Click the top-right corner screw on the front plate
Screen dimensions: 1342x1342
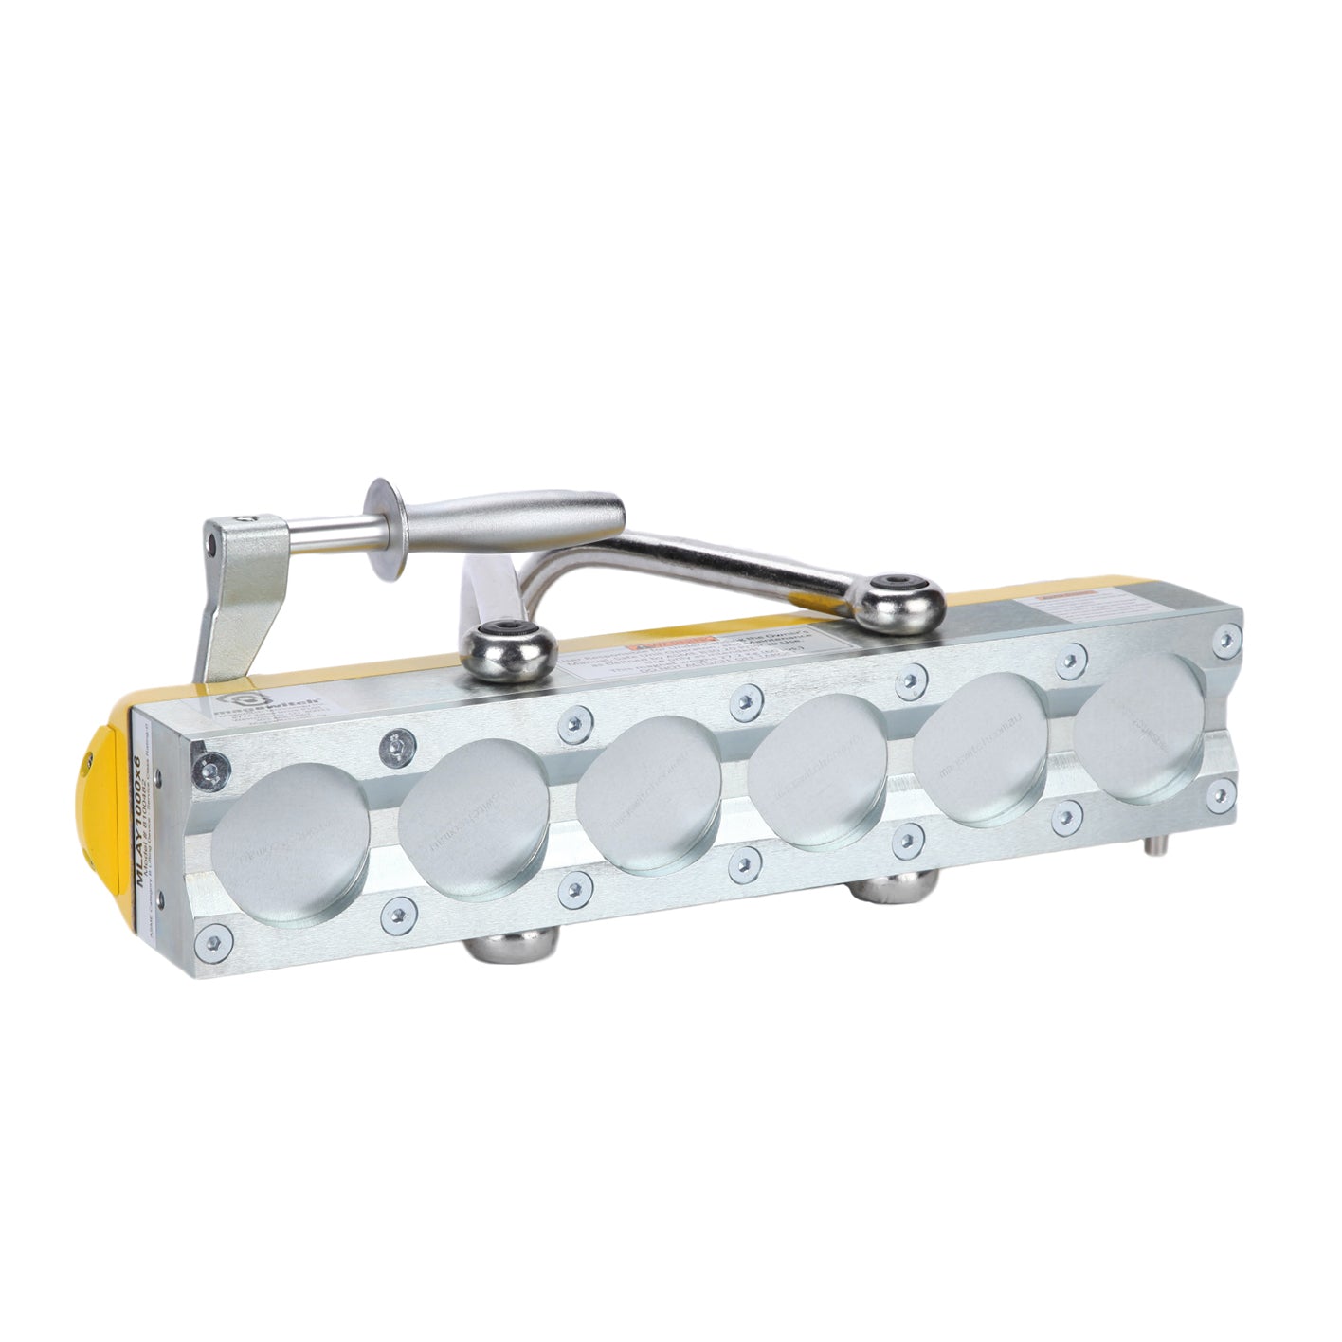coord(1226,636)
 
